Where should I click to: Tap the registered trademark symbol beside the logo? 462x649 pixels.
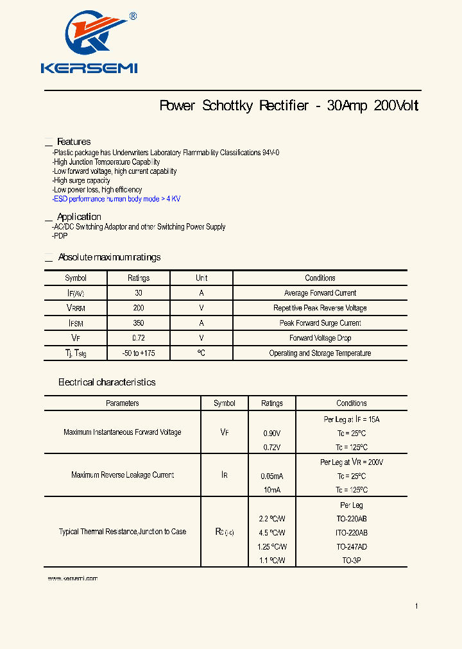(133, 16)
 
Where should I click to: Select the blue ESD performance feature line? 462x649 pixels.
(117, 199)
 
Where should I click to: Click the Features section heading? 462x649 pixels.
(74, 142)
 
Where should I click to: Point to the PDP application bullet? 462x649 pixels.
(61, 236)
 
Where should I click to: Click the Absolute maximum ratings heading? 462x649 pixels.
(109, 257)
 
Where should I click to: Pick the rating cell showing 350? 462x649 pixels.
(139, 323)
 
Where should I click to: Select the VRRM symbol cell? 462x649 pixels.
(75, 308)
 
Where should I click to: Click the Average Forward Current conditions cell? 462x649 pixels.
(320, 293)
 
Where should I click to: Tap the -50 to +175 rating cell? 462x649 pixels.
(139, 353)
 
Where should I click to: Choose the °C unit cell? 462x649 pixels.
(201, 353)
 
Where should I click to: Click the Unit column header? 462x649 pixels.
(201, 278)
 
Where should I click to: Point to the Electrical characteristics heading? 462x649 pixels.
(107, 382)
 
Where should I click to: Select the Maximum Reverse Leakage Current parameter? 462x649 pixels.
(123, 475)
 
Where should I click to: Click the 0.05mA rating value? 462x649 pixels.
(272, 476)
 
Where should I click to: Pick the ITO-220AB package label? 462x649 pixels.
(352, 533)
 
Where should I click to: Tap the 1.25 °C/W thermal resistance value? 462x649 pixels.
(272, 547)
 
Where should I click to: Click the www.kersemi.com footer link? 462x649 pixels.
(73, 578)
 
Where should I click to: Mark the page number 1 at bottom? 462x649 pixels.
(416, 606)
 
